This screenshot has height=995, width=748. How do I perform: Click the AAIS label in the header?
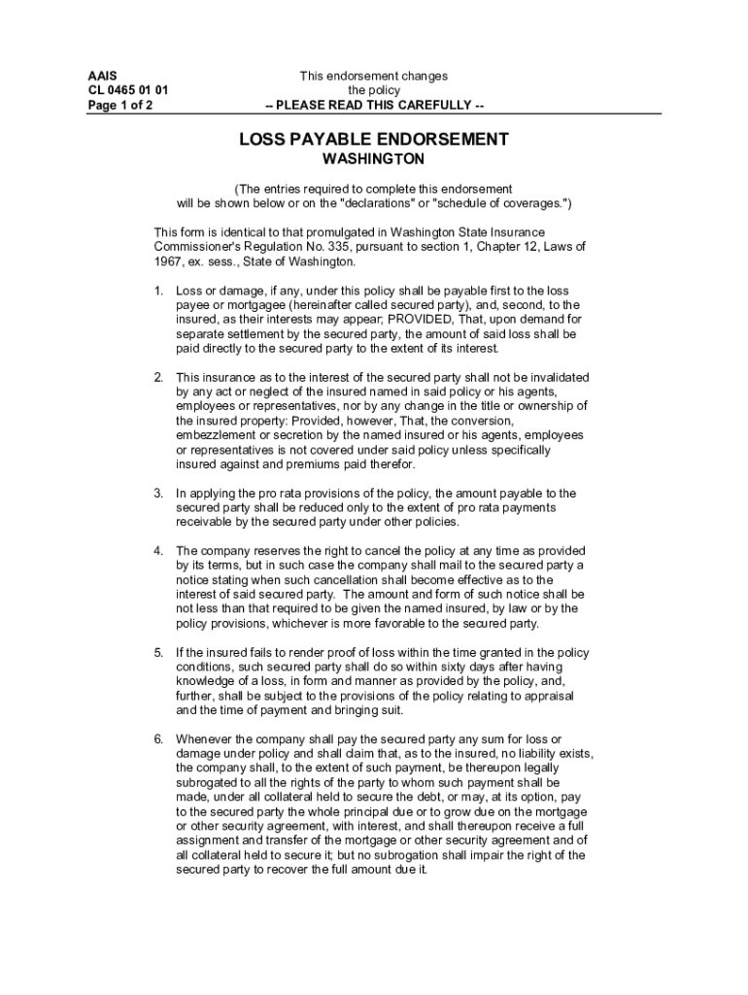click(x=101, y=76)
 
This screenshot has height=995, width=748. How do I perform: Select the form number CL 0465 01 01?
click(x=127, y=90)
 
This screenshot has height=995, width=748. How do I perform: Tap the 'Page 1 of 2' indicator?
click(x=119, y=105)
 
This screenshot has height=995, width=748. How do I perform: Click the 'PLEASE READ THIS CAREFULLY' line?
click(x=374, y=105)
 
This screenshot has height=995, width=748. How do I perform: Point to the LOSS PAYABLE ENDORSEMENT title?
click(x=374, y=140)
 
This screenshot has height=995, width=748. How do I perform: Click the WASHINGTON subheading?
click(x=374, y=159)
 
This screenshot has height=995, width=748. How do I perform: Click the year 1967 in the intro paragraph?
click(x=170, y=262)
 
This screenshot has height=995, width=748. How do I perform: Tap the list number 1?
click(x=158, y=292)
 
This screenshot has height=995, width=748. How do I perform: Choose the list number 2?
click(x=158, y=377)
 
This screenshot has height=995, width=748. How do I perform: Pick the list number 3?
click(x=158, y=494)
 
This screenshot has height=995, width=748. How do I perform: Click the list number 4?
click(x=158, y=550)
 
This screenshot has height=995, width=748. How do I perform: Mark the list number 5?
click(x=158, y=653)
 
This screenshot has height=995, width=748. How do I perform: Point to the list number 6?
click(x=158, y=739)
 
